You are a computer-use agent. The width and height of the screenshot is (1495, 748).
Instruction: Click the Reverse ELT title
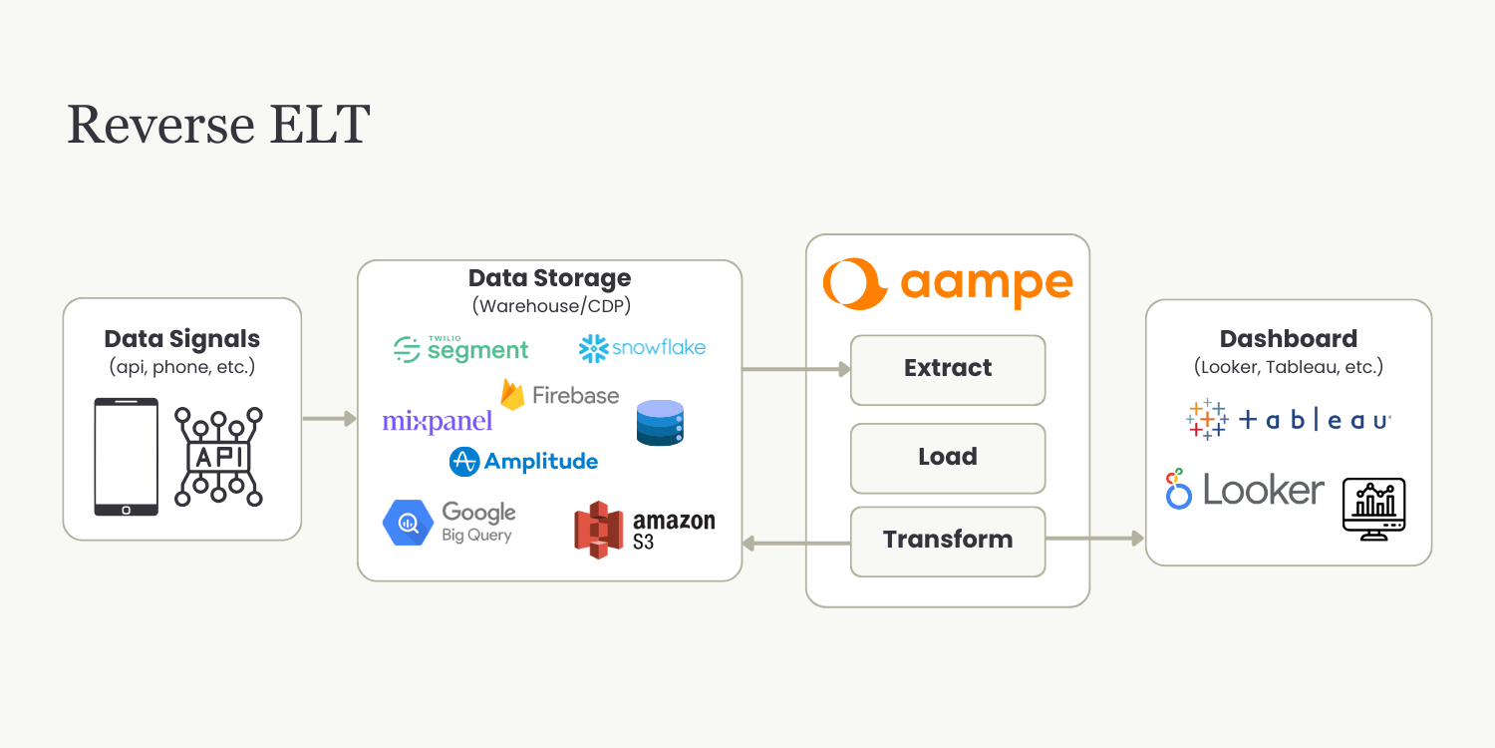[x=218, y=124]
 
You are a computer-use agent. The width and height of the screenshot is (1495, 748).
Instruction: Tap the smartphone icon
[x=127, y=457]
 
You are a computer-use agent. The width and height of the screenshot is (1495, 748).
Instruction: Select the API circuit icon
[x=218, y=457]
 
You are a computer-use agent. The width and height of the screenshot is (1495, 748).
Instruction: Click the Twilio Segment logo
[x=460, y=349]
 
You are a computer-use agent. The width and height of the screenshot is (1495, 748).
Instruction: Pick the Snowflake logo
[x=642, y=348]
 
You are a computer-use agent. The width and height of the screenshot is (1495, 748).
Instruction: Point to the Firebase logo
[x=559, y=395]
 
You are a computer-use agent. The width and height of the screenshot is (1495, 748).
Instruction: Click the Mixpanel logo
[x=438, y=422]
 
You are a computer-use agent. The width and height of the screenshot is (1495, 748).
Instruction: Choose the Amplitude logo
[x=523, y=462]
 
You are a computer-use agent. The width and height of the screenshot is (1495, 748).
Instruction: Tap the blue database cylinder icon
[x=660, y=423]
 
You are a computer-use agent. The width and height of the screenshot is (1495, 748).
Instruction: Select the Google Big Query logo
[x=449, y=523]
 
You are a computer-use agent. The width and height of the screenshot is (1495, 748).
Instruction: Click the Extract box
[x=948, y=370]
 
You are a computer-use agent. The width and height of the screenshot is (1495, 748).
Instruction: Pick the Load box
[x=948, y=458]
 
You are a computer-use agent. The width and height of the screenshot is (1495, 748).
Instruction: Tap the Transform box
[x=948, y=541]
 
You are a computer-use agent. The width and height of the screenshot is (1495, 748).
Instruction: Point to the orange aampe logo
[x=948, y=283]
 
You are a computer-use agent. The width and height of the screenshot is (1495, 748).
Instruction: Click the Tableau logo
[x=1288, y=420]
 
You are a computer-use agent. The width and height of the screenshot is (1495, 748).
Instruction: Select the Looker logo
[x=1245, y=489]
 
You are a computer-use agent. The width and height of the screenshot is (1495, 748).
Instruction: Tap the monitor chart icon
[x=1374, y=509]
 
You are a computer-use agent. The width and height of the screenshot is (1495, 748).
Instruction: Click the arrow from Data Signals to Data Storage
[x=330, y=419]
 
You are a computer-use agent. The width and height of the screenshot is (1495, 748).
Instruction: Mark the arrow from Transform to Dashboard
[x=1095, y=538]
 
